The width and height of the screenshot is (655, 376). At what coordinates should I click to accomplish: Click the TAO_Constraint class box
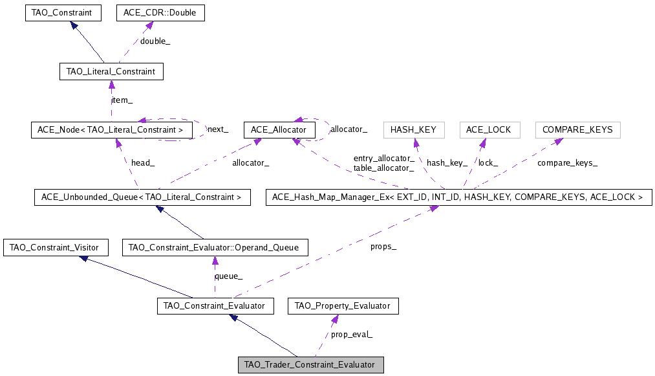point(62,12)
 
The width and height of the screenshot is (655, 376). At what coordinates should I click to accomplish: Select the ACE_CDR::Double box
point(160,12)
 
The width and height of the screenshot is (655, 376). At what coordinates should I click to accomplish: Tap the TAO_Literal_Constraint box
point(111,71)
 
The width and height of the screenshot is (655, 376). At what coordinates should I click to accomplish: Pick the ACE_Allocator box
point(279,129)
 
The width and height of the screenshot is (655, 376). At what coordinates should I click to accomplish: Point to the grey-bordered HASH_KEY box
point(414,129)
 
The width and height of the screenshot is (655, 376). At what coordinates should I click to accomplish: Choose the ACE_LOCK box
point(489,129)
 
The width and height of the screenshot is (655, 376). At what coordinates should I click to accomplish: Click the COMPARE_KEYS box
point(577,129)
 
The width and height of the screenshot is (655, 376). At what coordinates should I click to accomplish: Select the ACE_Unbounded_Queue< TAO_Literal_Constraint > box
point(142,197)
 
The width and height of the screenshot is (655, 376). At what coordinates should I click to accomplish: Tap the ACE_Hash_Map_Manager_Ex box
point(458,197)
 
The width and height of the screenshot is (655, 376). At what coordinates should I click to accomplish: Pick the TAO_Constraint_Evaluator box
point(215,305)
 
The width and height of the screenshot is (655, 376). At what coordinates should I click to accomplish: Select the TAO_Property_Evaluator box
point(343,305)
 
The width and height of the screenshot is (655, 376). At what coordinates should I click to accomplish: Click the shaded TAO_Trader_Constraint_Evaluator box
point(311,364)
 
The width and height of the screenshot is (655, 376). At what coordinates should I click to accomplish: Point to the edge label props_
point(383,247)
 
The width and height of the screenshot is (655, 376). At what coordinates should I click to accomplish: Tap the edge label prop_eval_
point(352,335)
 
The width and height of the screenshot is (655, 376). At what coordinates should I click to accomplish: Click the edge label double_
point(155,41)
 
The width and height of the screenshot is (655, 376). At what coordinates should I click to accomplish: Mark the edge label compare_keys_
point(567,163)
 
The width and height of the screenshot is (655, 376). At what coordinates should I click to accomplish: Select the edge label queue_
point(228,276)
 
